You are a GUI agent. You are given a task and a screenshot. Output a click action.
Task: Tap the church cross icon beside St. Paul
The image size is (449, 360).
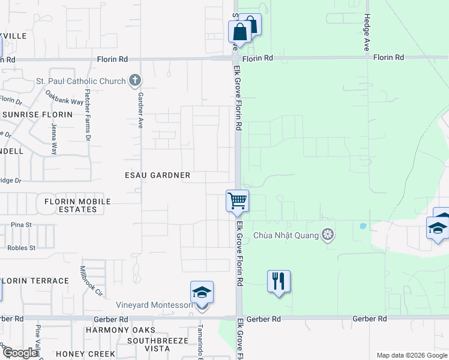(x=136, y=80)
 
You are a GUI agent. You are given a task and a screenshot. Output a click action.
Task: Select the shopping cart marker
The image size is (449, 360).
(x=237, y=201)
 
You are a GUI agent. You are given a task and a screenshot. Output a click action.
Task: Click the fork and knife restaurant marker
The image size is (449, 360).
(x=279, y=281)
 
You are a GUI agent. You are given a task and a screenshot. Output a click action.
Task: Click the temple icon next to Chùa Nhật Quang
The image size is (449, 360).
(x=328, y=234)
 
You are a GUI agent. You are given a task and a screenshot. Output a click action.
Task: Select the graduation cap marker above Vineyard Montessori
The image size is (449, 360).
(x=202, y=292)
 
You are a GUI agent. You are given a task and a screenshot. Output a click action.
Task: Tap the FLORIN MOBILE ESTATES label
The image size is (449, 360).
(x=77, y=205)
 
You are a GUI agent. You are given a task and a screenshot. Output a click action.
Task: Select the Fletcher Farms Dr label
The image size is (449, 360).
(x=88, y=115)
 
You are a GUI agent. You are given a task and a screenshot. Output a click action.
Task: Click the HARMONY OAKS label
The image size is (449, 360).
(x=120, y=330)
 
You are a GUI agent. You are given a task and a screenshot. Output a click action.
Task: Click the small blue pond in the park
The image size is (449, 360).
(x=362, y=227)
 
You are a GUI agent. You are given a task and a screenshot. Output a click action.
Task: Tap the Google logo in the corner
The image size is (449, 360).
(x=20, y=353)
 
